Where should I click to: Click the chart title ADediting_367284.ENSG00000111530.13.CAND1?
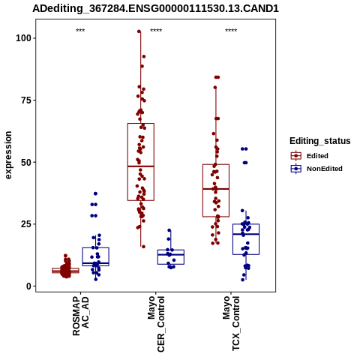[x=155, y=9]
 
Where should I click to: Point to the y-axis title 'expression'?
[x=8, y=155]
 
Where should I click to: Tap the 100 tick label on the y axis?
[x=23, y=38]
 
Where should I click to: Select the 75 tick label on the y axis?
[x=26, y=100]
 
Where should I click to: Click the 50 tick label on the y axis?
[x=26, y=162]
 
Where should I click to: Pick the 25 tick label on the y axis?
[x=26, y=224]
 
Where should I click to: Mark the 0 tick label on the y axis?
[x=28, y=286]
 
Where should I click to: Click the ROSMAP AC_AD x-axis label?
[x=80, y=316]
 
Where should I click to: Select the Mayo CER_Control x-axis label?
[x=156, y=324]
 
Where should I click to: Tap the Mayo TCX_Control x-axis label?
[x=231, y=323]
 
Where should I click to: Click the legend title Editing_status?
[x=320, y=141]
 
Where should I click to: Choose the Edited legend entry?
[x=310, y=156]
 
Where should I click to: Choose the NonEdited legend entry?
[x=316, y=169]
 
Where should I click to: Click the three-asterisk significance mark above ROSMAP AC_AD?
[x=80, y=31]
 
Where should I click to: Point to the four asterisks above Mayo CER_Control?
[x=156, y=31]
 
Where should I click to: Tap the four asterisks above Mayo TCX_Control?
[x=231, y=31]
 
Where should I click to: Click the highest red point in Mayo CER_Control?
[x=139, y=31]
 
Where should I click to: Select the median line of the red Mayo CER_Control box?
[x=141, y=166]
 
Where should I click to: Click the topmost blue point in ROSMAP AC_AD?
[x=95, y=193]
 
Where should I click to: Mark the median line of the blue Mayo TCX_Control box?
[x=246, y=234]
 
